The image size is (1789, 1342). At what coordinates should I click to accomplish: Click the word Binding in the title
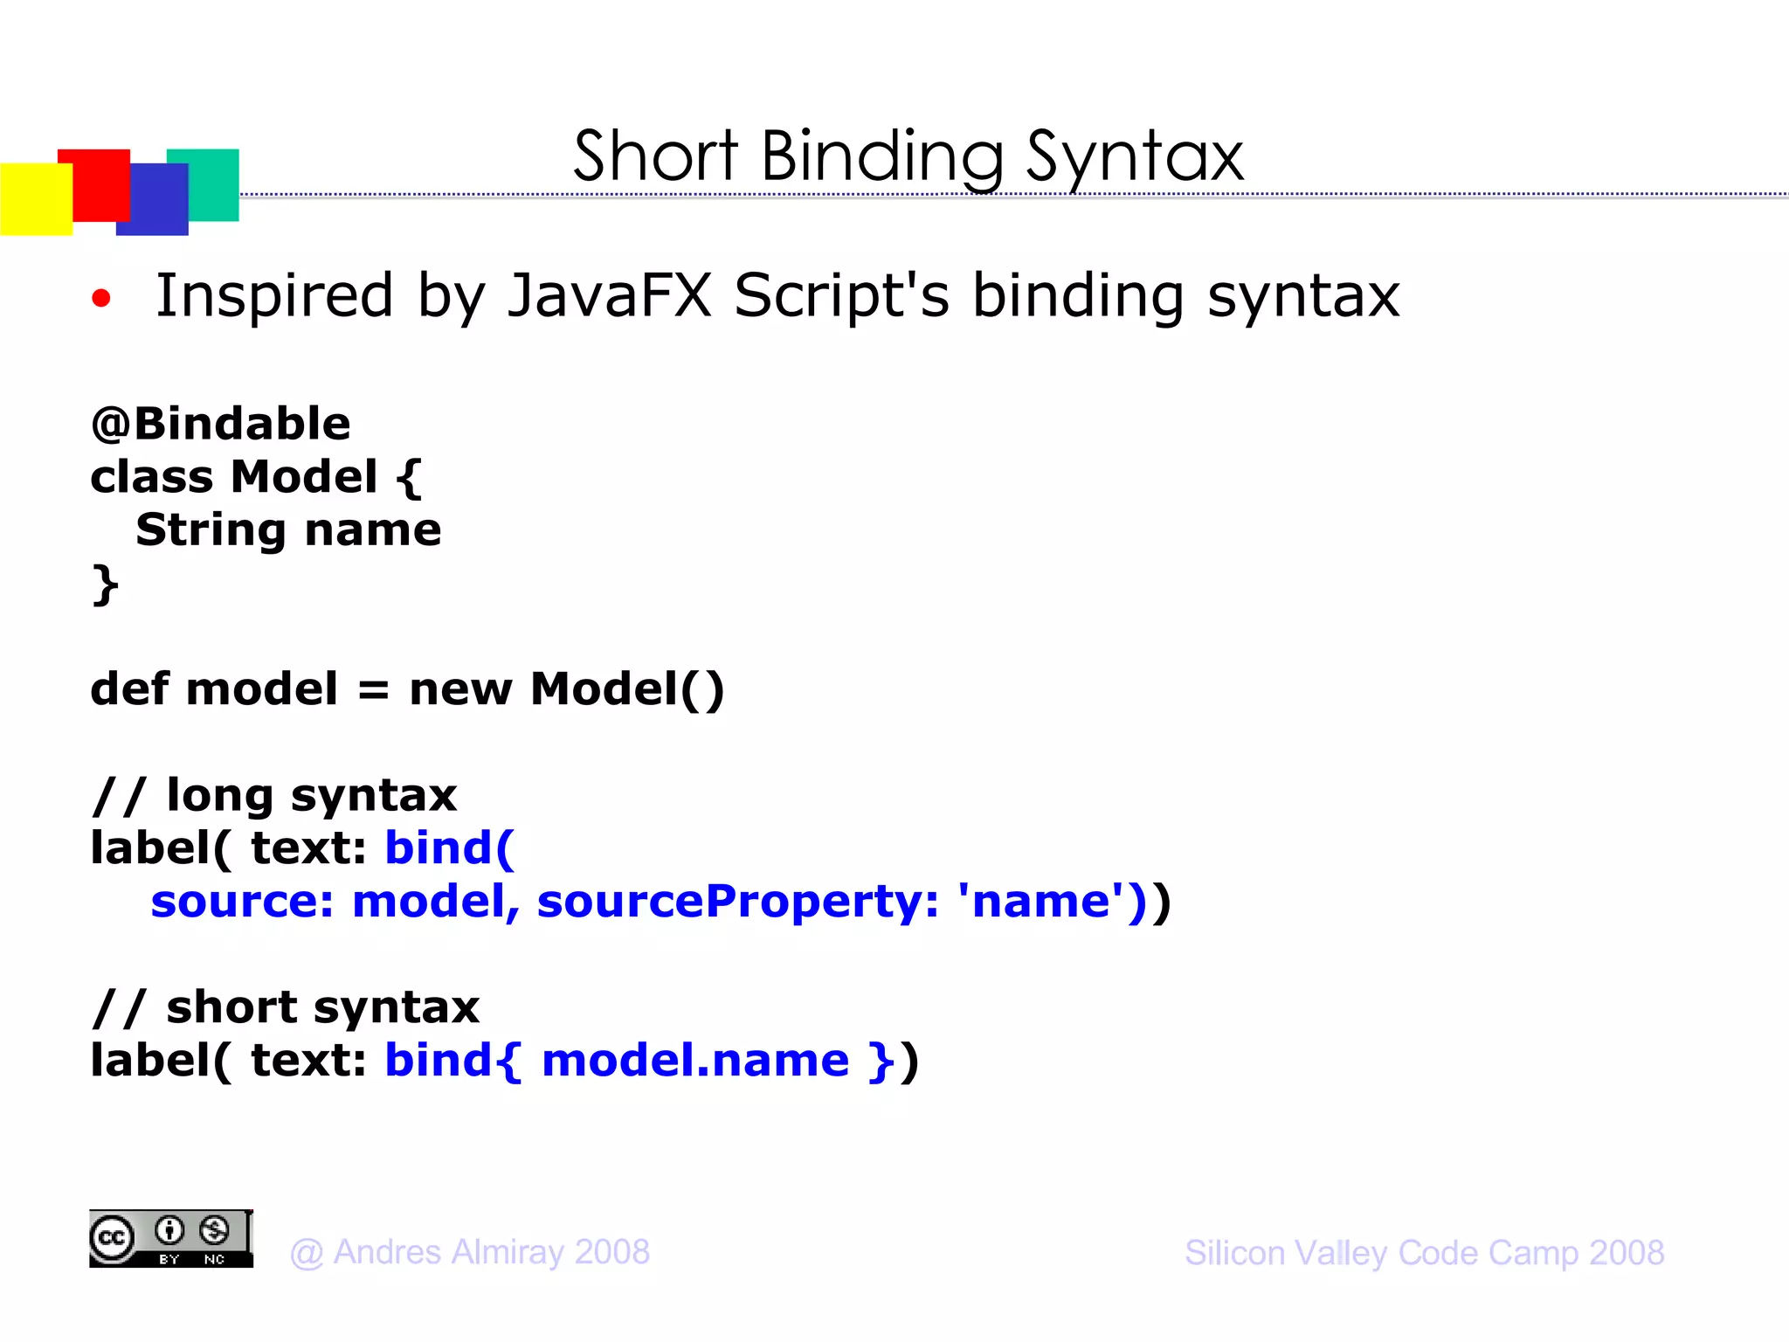[x=882, y=157]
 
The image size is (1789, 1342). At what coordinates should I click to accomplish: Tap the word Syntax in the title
[x=1134, y=157]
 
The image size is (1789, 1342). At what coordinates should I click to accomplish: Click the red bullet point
[x=101, y=299]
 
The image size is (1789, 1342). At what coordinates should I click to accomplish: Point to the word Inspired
[x=274, y=295]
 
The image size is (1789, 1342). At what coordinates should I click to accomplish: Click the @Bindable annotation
[x=220, y=424]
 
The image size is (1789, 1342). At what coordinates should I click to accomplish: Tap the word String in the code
[x=211, y=530]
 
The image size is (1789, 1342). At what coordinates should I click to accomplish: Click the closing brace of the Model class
[x=105, y=584]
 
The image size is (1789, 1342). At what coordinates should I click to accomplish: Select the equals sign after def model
[x=373, y=689]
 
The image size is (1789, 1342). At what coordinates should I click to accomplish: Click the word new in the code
[x=460, y=689]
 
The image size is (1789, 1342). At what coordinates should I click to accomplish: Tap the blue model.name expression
[x=695, y=1061]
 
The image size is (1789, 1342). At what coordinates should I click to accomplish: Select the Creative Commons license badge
[x=171, y=1239]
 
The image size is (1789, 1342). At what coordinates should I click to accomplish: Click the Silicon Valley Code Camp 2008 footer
[x=1424, y=1253]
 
